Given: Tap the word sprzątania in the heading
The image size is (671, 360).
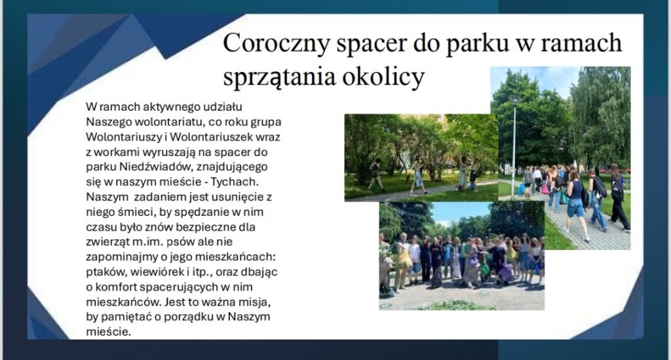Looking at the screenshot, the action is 279,77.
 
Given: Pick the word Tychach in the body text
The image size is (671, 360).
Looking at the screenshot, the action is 235,182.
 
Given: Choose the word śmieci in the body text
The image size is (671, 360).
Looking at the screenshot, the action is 128,212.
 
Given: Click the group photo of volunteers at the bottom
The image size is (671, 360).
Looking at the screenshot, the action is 461,256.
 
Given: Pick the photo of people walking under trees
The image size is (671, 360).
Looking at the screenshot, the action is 421,157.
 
